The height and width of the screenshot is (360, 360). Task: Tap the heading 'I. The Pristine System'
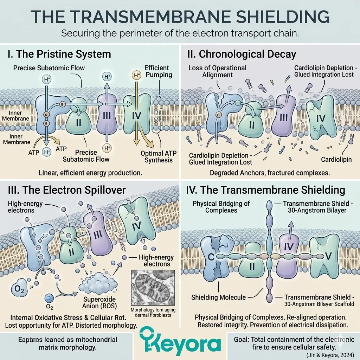tap(59, 54)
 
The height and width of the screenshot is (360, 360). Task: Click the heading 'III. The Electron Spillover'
tap(66, 190)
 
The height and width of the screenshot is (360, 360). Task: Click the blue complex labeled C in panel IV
tap(212, 258)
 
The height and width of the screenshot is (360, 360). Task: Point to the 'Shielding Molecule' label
tap(218, 297)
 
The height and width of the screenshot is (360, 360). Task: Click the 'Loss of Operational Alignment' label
tap(217, 71)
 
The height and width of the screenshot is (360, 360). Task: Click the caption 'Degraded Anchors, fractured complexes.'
tap(270, 173)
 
